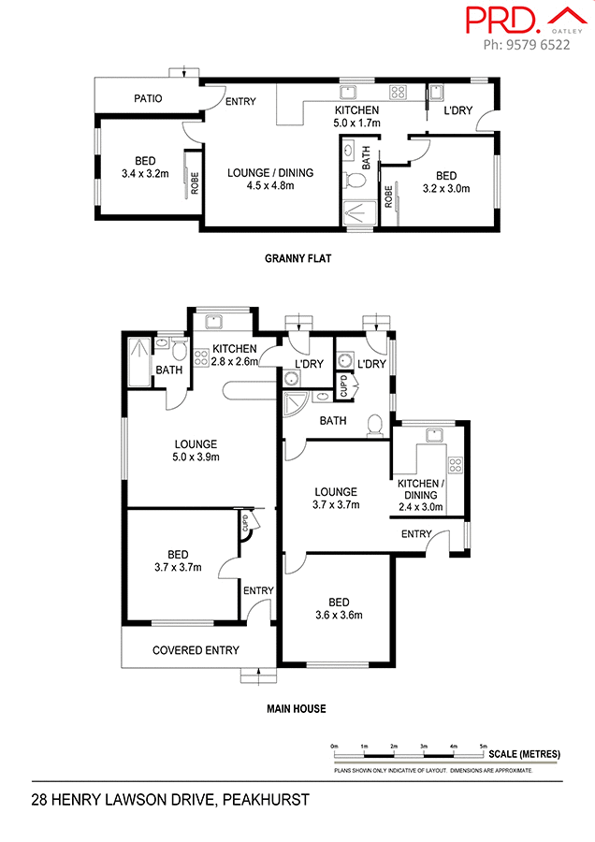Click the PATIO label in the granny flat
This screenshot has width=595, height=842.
[148, 97]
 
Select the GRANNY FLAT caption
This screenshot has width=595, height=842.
[298, 258]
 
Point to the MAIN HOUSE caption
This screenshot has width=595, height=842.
[297, 708]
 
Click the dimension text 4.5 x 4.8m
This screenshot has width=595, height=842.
[270, 185]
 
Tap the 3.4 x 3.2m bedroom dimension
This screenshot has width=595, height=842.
[144, 173]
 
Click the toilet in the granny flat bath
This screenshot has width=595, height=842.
[356, 179]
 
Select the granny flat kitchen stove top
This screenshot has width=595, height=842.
[397, 92]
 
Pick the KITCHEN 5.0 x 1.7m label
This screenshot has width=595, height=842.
[357, 115]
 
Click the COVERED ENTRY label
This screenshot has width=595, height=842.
[196, 650]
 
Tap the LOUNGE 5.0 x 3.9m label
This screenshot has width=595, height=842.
[195, 450]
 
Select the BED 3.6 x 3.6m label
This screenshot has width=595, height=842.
[338, 608]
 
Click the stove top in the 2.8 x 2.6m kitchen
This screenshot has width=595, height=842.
[200, 355]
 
